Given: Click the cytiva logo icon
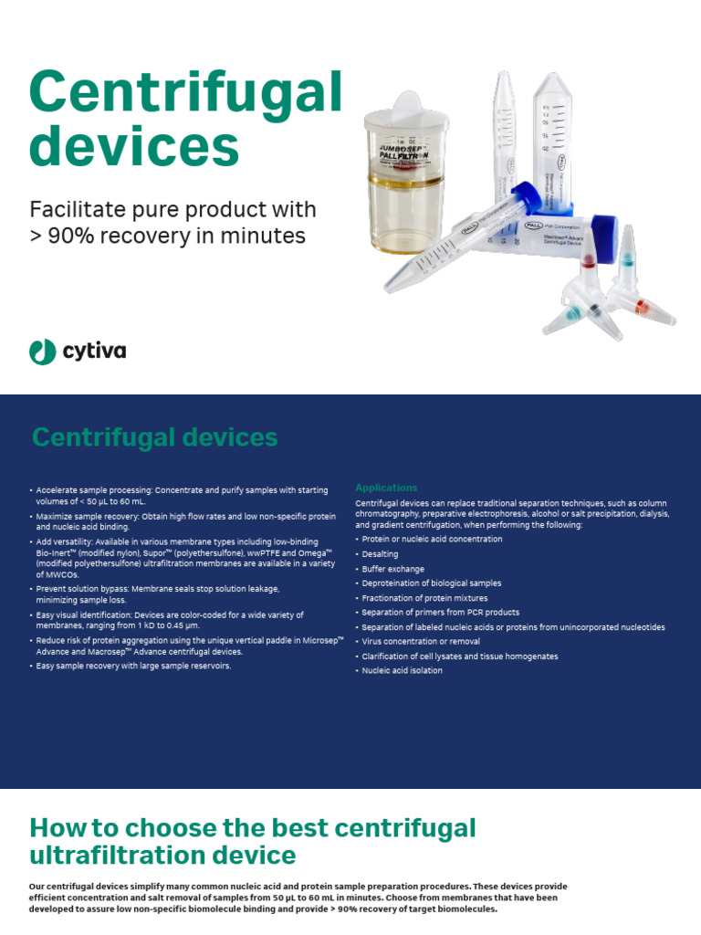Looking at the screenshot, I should pos(42,351).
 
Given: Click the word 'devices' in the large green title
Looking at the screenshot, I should pos(134,146).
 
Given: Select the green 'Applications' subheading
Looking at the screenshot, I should pos(386,488).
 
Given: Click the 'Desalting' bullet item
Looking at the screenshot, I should pos(380,554).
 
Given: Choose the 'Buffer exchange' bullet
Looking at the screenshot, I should pos(392,569).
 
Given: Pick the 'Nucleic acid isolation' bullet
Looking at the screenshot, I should pos(402,671).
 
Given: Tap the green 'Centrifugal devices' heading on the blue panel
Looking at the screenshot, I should pos(154,437).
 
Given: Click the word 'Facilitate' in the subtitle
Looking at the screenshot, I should pos(76,209).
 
